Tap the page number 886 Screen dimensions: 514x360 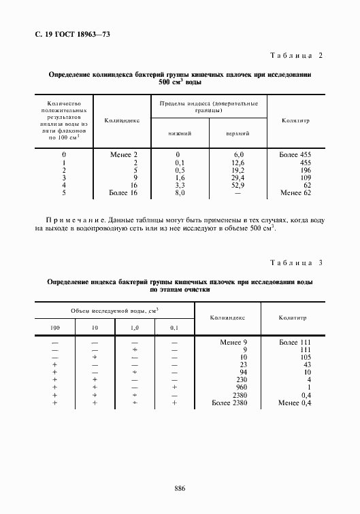[x=180, y=487]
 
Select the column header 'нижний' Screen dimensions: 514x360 [x=180, y=133]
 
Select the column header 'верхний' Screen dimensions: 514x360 [x=238, y=133]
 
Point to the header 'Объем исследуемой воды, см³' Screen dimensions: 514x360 [x=114, y=310]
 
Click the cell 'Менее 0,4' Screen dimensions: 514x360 [x=295, y=403]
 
